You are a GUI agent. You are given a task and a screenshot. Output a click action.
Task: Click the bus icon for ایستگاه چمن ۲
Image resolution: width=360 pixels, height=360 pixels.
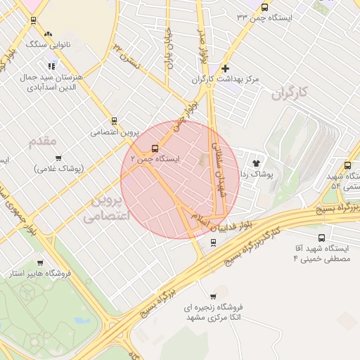point(155,148)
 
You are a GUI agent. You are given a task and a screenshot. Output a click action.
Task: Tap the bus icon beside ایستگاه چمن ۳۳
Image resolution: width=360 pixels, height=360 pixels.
point(264,8)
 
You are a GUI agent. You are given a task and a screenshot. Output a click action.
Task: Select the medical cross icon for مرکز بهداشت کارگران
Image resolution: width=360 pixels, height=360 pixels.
point(225,68)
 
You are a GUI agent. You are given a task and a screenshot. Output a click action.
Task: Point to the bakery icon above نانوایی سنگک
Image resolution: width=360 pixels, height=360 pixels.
point(48,34)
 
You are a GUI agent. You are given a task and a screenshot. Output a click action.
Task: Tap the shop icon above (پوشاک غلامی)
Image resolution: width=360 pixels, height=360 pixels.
point(58,158)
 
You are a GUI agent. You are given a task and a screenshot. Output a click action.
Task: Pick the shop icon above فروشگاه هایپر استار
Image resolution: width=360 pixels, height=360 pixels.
point(41,262)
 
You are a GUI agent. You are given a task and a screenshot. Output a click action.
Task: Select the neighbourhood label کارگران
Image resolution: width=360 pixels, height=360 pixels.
point(289,92)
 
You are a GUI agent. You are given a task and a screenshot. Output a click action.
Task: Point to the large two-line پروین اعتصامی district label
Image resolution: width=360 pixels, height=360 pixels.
point(108,209)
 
